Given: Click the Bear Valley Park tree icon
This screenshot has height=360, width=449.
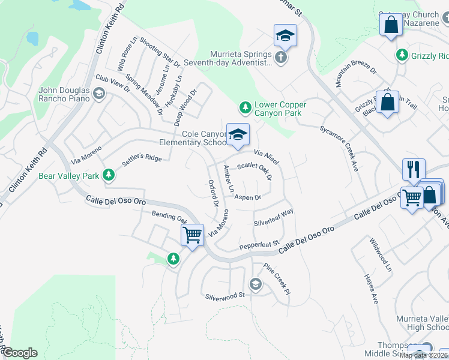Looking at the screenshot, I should [x=108, y=175].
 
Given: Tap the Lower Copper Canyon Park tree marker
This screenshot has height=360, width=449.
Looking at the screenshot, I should [x=245, y=107].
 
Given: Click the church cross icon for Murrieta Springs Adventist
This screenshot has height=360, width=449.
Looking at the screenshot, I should [x=281, y=58].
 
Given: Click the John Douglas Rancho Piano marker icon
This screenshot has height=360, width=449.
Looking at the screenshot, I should [x=98, y=93].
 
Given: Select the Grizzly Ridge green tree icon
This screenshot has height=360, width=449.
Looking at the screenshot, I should [x=402, y=56].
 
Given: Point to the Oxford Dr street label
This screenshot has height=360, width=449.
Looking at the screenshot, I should [x=212, y=193].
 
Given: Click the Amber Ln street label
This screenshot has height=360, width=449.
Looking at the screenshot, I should [x=229, y=179].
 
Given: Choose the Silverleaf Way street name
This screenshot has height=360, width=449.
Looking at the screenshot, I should [x=274, y=217].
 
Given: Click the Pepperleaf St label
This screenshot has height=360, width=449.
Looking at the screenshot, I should [x=260, y=245].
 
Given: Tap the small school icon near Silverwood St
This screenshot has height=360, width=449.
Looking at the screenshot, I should [x=255, y=284].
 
